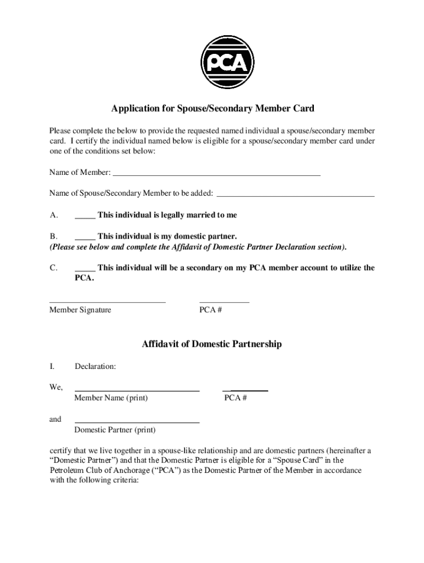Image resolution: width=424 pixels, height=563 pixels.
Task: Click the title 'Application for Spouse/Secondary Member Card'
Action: (x=213, y=108)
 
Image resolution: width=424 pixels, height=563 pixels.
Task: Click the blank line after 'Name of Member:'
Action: (x=216, y=174)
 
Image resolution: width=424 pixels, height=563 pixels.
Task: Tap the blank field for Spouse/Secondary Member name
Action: (x=296, y=195)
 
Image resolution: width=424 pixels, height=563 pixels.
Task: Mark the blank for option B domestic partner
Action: (x=85, y=238)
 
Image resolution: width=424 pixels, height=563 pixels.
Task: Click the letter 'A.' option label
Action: (x=54, y=215)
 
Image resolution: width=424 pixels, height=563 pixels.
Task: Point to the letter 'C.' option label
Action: (x=54, y=268)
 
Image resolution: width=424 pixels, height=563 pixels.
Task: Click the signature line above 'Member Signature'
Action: (x=107, y=302)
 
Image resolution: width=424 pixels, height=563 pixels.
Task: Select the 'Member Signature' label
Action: (x=80, y=310)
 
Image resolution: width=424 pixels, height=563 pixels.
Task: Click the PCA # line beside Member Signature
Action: (x=224, y=302)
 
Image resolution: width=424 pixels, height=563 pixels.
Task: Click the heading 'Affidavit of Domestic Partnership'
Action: (x=212, y=344)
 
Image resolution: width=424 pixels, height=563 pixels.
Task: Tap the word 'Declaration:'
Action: (x=95, y=366)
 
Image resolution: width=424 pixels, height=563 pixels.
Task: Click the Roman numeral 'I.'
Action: (x=52, y=366)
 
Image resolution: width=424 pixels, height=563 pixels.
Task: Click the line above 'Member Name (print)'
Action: (x=137, y=390)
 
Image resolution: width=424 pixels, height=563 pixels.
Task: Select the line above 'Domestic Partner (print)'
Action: (x=137, y=422)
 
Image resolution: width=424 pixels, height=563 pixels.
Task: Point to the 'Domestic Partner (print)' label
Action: (x=115, y=430)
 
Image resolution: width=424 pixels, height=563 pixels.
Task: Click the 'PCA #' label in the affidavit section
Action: (x=236, y=398)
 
